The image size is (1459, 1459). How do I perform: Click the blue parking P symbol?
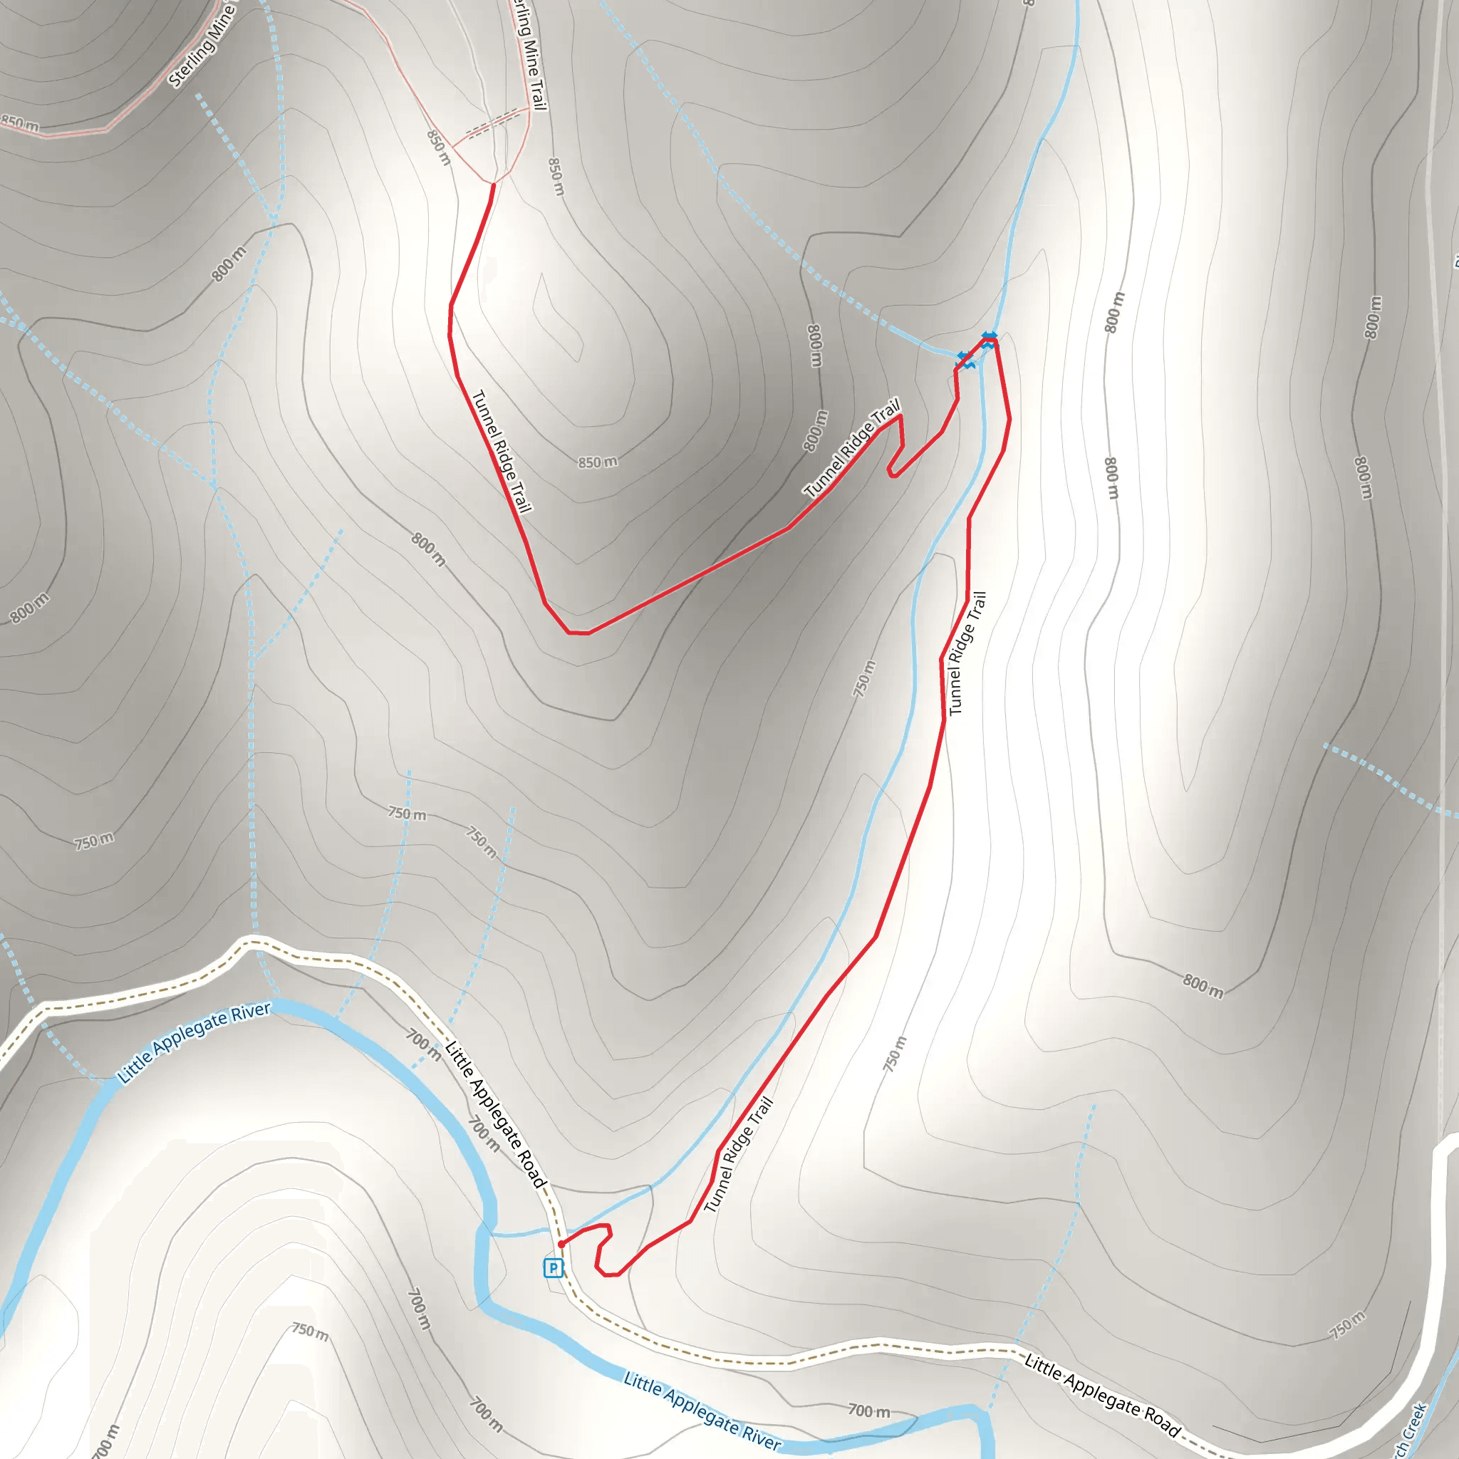pos(553,1268)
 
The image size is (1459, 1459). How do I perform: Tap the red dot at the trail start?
pos(561,1244)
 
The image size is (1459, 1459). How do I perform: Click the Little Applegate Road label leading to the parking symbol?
pos(495,1114)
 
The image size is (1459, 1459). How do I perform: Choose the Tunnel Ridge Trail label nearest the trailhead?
pos(738,1156)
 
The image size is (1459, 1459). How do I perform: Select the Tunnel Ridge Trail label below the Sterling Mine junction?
pos(502,451)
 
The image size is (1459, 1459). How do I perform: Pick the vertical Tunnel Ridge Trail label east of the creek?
pos(967,653)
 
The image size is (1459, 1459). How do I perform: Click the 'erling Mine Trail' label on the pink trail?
pos(530,54)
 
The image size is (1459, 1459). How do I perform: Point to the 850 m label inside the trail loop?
pos(597,462)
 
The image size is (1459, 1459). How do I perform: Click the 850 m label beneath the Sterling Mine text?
pos(20,124)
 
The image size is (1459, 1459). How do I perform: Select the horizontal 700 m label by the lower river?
pos(868,1410)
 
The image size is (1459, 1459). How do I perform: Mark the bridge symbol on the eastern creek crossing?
pos(990,340)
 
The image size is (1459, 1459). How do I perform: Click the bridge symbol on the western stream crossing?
pos(965,360)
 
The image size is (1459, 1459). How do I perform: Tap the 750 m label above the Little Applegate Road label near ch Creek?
pos(1347,1325)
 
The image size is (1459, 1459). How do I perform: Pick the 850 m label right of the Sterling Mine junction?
pos(556,176)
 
